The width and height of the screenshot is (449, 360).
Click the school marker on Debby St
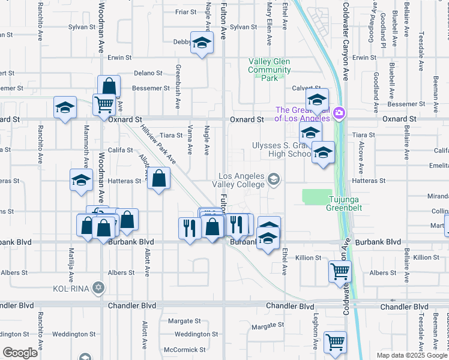[x=202, y=43]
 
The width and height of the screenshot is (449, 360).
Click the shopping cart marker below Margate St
[x=335, y=341]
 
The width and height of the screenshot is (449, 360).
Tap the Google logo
[x=20, y=352]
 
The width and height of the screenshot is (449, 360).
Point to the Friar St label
[x=185, y=12]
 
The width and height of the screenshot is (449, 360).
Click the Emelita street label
[x=439, y=166]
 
